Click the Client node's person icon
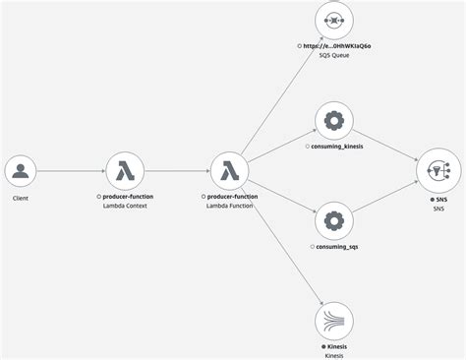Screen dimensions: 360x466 click(20, 171)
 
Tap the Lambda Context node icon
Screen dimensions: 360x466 click(125, 171)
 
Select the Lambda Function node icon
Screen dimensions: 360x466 click(229, 171)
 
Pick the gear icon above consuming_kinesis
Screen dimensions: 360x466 click(333, 121)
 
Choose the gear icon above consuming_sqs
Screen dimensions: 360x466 click(333, 220)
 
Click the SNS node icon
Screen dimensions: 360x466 click(437, 171)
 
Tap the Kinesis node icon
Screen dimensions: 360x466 click(333, 321)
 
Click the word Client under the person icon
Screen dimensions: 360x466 click(20, 198)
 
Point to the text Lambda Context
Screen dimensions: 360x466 click(128, 208)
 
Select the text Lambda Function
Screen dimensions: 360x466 click(232, 208)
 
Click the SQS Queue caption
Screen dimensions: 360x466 click(333, 56)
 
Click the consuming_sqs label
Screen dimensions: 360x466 click(336, 247)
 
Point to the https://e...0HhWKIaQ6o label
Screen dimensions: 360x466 click(336, 46)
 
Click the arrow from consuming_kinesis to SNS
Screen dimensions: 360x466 click(384, 146)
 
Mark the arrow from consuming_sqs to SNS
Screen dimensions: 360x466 click(384, 196)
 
